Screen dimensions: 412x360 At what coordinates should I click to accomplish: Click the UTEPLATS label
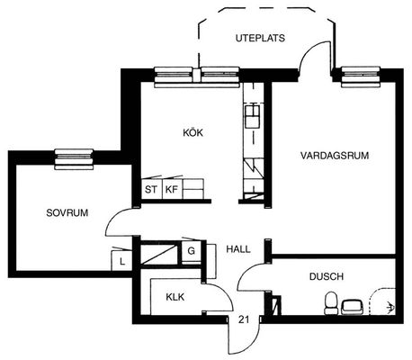(260, 39)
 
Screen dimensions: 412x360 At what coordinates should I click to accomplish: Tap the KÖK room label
(193, 132)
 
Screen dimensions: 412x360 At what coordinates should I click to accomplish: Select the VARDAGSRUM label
(335, 156)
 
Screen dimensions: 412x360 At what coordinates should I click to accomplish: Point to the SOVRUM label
(67, 212)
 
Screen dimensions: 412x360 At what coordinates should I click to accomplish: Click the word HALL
(238, 249)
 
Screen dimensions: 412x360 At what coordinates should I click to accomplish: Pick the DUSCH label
(327, 276)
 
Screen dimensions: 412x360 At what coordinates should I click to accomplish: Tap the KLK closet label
(175, 297)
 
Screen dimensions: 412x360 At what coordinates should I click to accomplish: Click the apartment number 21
(244, 319)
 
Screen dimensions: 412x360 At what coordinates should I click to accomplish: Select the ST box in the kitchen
(151, 189)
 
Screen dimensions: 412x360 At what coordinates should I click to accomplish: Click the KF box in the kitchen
(172, 189)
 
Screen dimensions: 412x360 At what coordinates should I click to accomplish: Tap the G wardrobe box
(191, 250)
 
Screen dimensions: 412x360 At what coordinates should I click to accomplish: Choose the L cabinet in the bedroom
(121, 260)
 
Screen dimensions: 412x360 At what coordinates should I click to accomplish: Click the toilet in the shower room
(331, 303)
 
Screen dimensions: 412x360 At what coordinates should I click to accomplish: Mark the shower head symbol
(390, 307)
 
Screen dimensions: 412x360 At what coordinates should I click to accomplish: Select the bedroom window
(74, 159)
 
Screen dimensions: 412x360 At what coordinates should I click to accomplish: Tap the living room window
(361, 76)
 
